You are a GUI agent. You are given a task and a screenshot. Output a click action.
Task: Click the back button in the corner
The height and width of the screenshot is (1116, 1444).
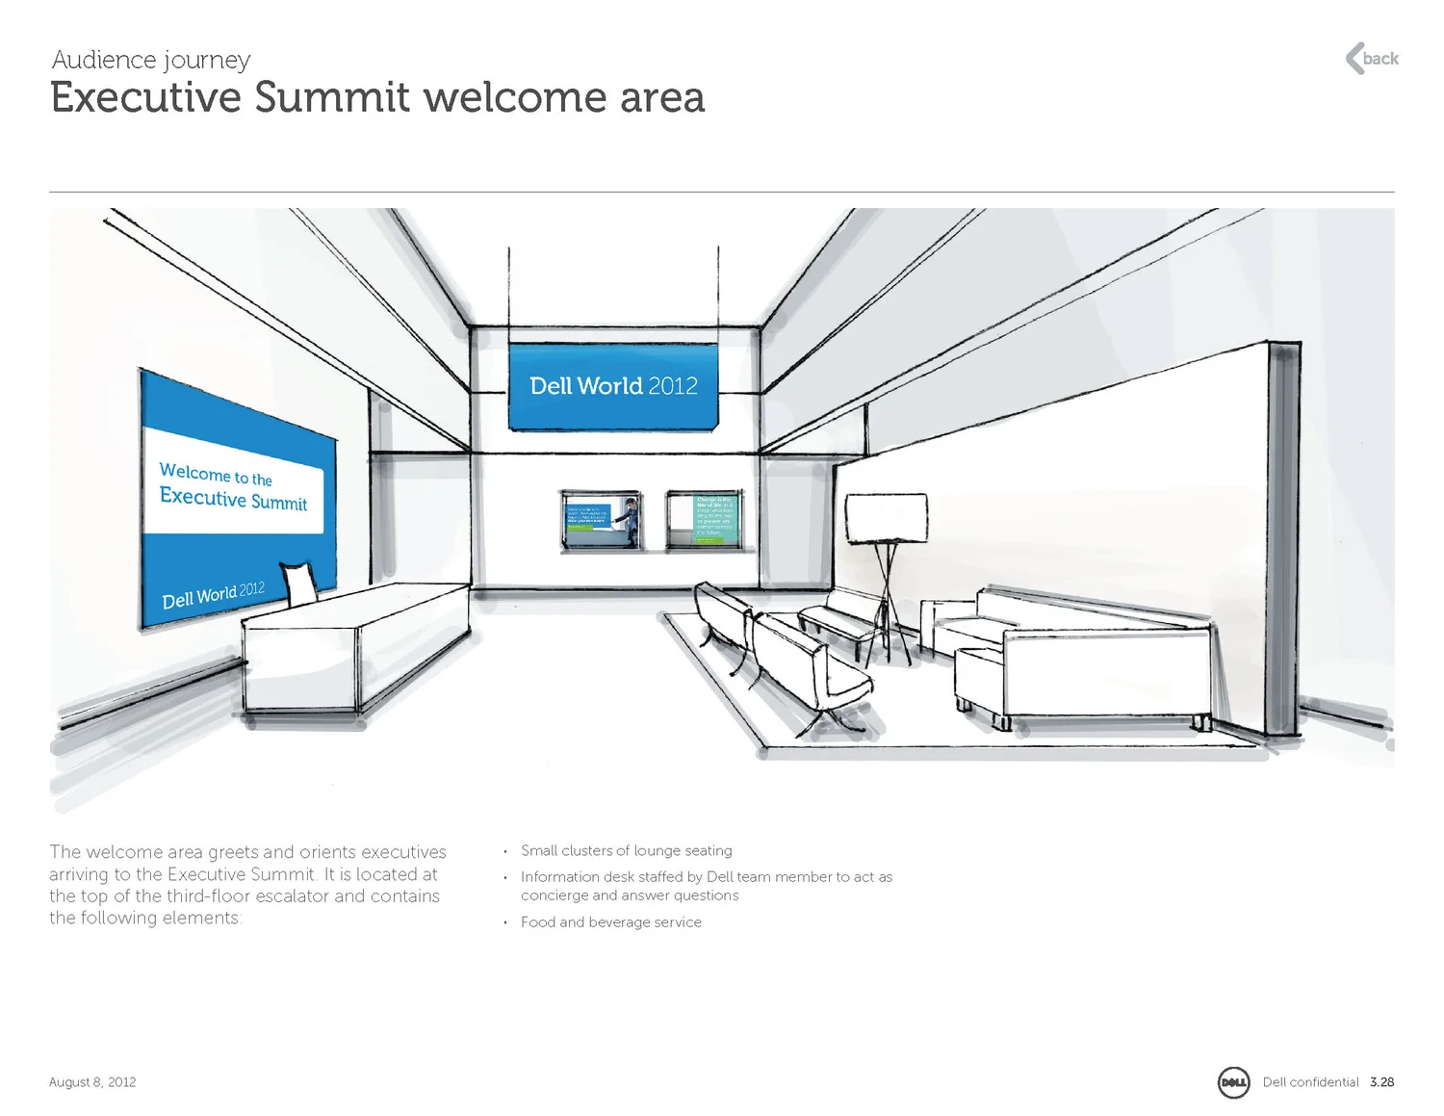click(x=1372, y=59)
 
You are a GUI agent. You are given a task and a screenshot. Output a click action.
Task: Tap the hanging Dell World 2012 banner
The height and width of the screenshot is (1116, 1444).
click(x=613, y=386)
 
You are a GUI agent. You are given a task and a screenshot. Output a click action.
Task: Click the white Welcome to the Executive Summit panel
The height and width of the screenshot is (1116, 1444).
click(x=234, y=486)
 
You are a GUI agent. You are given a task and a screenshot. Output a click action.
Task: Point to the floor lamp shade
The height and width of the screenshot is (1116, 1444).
click(x=886, y=518)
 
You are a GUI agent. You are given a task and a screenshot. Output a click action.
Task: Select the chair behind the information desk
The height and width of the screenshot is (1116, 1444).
click(x=299, y=584)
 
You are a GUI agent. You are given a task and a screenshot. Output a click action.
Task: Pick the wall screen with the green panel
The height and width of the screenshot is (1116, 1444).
click(x=706, y=520)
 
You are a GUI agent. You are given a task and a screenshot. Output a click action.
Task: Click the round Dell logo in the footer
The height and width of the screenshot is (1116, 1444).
click(x=1233, y=1082)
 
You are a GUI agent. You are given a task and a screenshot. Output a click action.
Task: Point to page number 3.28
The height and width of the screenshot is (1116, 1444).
click(x=1381, y=1082)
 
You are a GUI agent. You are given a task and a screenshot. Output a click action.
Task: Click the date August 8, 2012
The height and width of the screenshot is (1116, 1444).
click(x=92, y=1082)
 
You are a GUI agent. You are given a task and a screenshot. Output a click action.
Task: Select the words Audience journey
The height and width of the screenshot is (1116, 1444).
click(x=151, y=60)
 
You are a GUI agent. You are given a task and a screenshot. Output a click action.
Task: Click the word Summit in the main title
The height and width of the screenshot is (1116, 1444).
click(x=332, y=98)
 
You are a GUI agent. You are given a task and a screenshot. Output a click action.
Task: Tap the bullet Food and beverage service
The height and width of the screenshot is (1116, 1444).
click(x=610, y=922)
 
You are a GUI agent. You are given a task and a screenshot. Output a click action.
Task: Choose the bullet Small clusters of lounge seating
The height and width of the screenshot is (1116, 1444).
click(x=626, y=851)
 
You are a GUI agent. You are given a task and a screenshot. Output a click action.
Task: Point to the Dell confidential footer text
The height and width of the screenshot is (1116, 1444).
click(x=1310, y=1082)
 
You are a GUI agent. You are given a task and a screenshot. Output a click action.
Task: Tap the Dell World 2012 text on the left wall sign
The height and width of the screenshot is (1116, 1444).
click(x=213, y=596)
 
